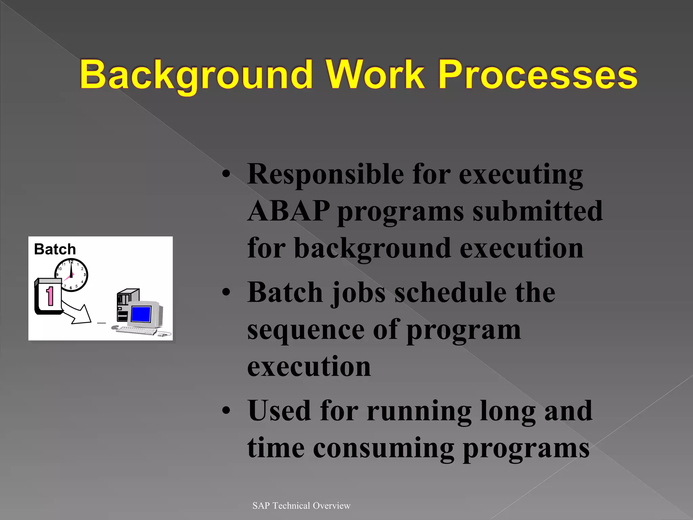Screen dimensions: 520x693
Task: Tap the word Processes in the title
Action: click(x=538, y=75)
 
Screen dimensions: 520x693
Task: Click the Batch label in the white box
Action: click(x=55, y=250)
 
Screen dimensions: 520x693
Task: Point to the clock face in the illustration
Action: click(x=71, y=275)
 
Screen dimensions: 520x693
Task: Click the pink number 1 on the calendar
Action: click(x=50, y=296)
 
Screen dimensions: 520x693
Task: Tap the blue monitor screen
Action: click(x=141, y=314)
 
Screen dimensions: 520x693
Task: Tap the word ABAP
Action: click(x=289, y=211)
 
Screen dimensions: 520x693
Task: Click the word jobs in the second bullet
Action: click(x=358, y=293)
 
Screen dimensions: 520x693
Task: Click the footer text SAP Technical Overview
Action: click(x=301, y=506)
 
